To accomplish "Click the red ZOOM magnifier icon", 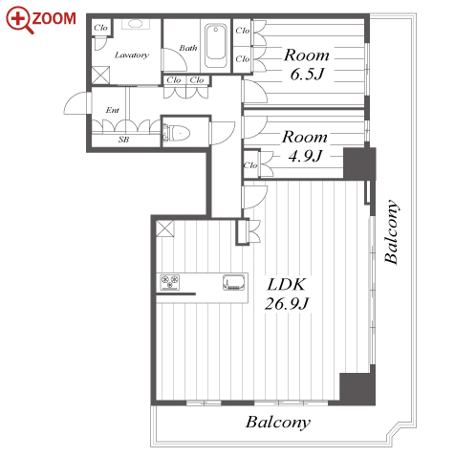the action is pyautogui.click(x=20, y=20).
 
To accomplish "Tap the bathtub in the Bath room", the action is pyautogui.click(x=216, y=46).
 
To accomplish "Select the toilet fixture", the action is pyautogui.click(x=177, y=133).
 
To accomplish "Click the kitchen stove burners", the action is pyautogui.click(x=170, y=282).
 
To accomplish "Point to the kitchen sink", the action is pyautogui.click(x=233, y=283).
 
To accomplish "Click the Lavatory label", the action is pyautogui.click(x=132, y=55).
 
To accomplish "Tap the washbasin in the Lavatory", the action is pyautogui.click(x=136, y=24).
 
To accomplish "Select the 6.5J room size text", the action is pyautogui.click(x=307, y=75).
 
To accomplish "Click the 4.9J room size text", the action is pyautogui.click(x=305, y=156).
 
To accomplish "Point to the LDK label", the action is pyautogui.click(x=286, y=285).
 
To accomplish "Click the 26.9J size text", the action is pyautogui.click(x=287, y=303).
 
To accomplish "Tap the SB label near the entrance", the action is pyautogui.click(x=123, y=140).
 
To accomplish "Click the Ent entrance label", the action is pyautogui.click(x=112, y=110).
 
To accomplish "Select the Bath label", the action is pyautogui.click(x=188, y=48).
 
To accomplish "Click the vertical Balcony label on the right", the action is pyautogui.click(x=392, y=231).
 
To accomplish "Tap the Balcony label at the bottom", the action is pyautogui.click(x=278, y=423).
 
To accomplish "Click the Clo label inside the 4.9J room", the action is pyautogui.click(x=250, y=165).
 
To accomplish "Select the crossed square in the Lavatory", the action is pyautogui.click(x=100, y=76).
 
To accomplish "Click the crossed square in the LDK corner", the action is pyautogui.click(x=165, y=228).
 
